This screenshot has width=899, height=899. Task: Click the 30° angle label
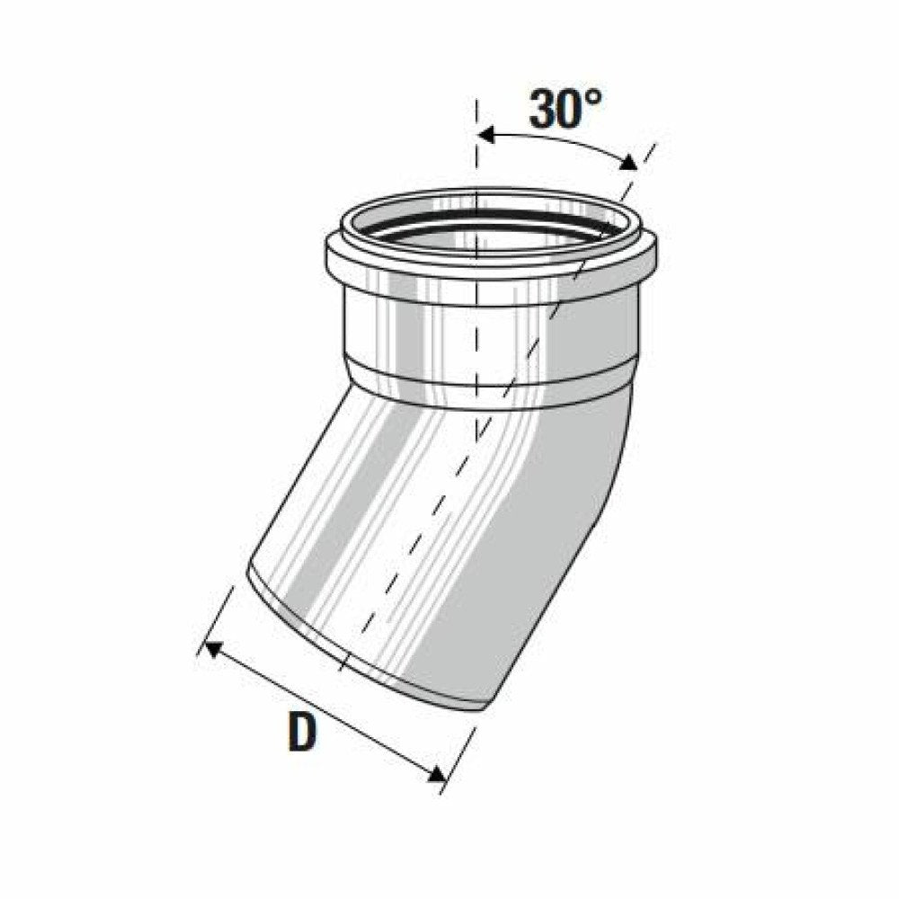pos(565,109)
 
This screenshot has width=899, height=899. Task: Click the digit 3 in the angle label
pos(545,109)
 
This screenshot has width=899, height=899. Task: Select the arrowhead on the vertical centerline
pos(486,136)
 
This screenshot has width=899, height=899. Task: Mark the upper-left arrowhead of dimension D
pos(213,650)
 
